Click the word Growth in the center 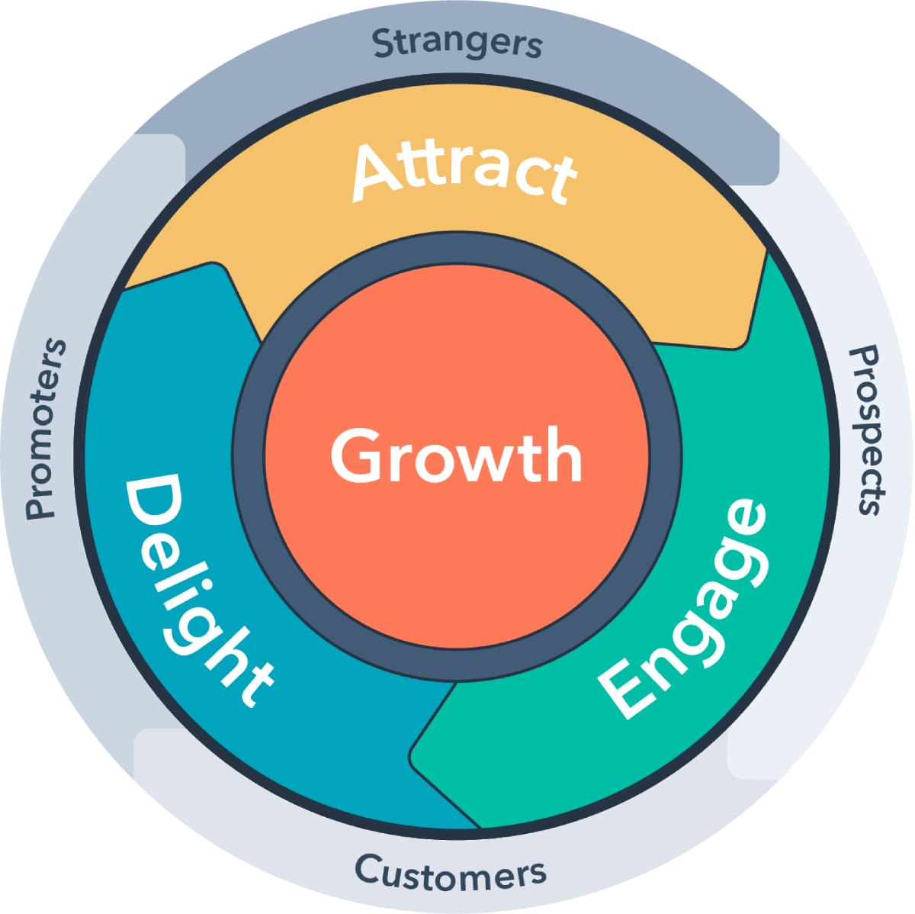click(x=456, y=455)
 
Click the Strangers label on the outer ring click(x=457, y=43)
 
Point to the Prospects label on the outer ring click(x=868, y=430)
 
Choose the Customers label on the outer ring click(x=451, y=871)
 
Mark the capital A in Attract click(x=379, y=171)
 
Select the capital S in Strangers click(x=384, y=44)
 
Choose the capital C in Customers click(x=368, y=869)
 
